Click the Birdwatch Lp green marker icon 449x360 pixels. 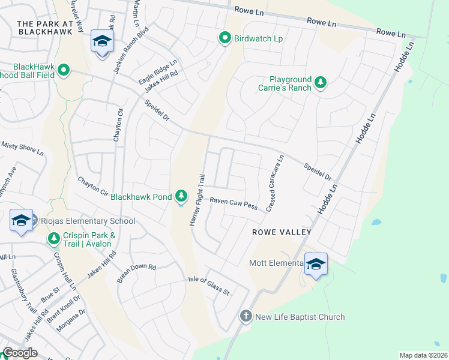(225, 38)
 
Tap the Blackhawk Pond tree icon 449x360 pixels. (181, 196)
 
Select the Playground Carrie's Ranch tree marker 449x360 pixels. (321, 83)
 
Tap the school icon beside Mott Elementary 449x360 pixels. (316, 264)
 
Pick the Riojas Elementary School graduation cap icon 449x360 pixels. (21, 220)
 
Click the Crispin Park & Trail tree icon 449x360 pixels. (53, 239)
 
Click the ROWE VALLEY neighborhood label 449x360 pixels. (282, 232)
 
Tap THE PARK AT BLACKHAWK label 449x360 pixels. (44, 24)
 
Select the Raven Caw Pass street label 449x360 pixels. (234, 204)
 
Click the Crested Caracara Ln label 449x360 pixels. (274, 184)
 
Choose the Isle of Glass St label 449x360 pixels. (209, 286)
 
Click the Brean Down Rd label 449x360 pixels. (136, 274)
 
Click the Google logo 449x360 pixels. (20, 353)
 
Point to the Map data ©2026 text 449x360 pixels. (423, 355)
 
